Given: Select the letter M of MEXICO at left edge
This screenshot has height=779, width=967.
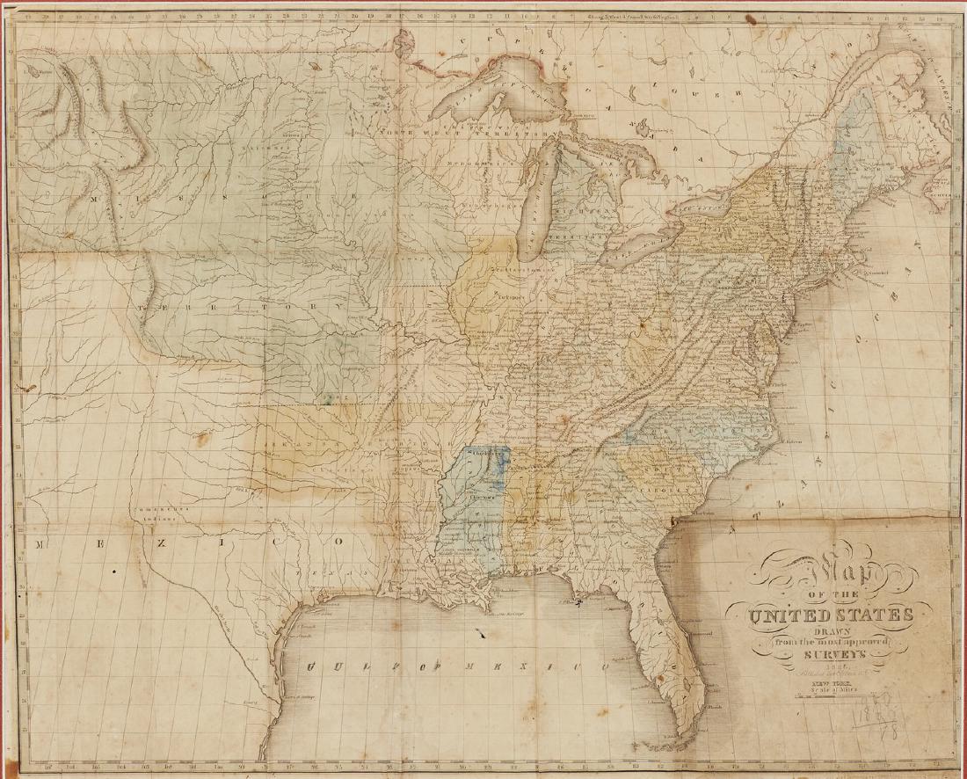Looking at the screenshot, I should (x=40, y=545).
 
